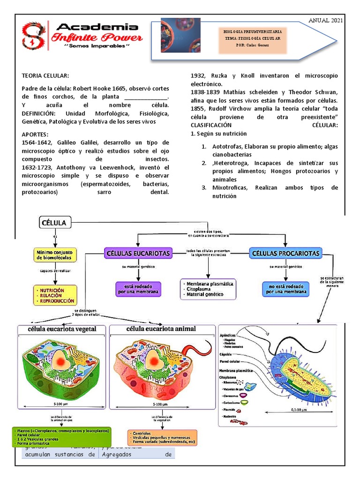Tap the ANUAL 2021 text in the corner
point(325,20)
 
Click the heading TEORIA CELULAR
point(45,75)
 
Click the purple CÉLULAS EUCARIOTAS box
point(138,254)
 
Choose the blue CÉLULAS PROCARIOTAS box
point(286,254)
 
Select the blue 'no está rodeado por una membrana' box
point(286,289)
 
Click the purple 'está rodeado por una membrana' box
point(138,289)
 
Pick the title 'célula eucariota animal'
point(161,329)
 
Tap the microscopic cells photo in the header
point(180,36)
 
